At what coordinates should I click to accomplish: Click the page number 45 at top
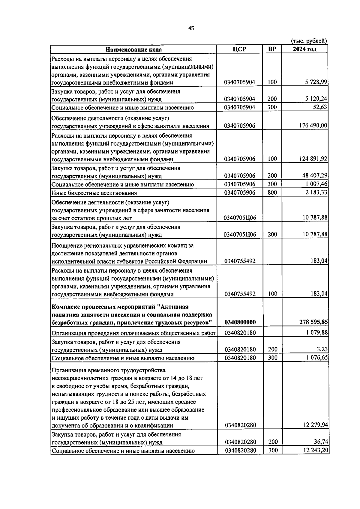click(191, 28)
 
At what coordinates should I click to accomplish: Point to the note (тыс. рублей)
click(309, 41)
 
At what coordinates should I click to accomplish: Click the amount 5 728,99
click(316, 82)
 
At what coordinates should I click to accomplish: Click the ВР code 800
click(272, 192)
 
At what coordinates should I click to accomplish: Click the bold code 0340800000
click(240, 322)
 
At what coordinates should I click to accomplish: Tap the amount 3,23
click(322, 349)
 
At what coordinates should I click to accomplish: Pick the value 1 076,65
click(316, 358)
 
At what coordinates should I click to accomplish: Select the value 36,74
click(320, 442)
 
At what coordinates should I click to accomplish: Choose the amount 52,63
click(320, 107)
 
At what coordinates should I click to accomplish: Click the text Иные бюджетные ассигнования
click(94, 193)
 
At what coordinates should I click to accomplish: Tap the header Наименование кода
click(133, 49)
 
